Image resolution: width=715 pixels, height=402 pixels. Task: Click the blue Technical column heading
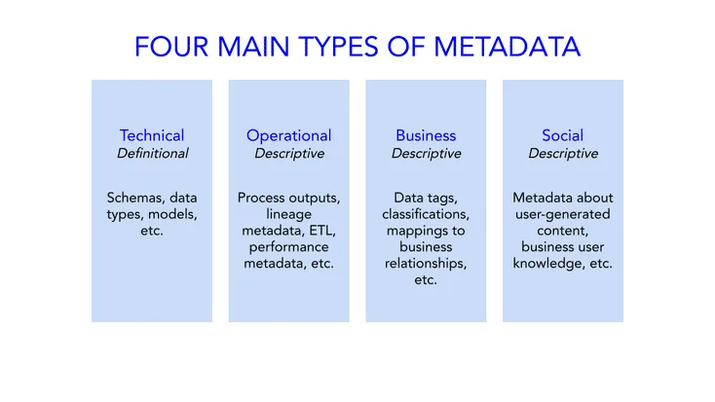(x=152, y=135)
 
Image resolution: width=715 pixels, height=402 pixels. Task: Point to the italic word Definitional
(x=152, y=154)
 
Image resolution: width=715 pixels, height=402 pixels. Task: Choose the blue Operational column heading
(x=288, y=135)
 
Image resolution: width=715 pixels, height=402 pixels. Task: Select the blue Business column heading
(x=426, y=135)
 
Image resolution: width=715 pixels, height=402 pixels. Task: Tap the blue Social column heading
(x=563, y=135)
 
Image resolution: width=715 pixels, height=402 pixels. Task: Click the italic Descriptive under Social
(x=563, y=154)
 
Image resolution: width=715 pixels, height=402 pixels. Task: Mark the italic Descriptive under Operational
(x=288, y=154)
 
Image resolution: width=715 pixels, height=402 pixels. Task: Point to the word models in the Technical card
(x=174, y=214)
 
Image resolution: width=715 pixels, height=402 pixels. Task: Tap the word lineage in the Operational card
(x=288, y=214)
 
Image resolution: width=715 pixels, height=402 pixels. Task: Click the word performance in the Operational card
(x=288, y=247)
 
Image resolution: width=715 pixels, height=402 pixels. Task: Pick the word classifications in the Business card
(x=426, y=214)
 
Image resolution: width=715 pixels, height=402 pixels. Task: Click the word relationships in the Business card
(x=426, y=264)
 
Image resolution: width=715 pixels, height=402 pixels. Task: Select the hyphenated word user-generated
(x=563, y=214)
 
